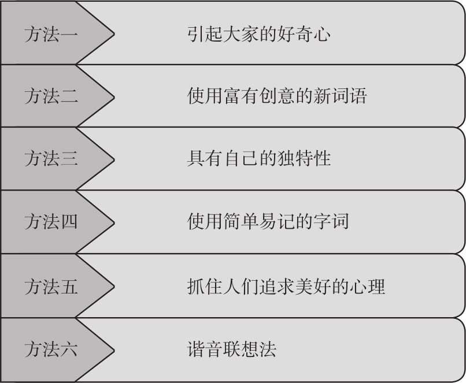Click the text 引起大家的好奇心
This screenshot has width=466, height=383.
pyautogui.click(x=259, y=34)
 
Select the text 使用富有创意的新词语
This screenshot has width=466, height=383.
pyautogui.click(x=277, y=95)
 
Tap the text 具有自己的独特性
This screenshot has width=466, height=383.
pyautogui.click(x=259, y=158)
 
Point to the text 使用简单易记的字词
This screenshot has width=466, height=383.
pyautogui.click(x=268, y=221)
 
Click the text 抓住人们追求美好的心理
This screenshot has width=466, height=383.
pyautogui.click(x=286, y=285)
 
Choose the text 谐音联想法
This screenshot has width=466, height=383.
pyautogui.click(x=232, y=348)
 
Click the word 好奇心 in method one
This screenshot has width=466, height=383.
pyautogui.click(x=304, y=34)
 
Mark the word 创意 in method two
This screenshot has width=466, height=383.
pyautogui.click(x=286, y=95)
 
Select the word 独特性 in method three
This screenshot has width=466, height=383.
pyautogui.click(x=304, y=158)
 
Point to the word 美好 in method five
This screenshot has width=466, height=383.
pyautogui.click(x=322, y=285)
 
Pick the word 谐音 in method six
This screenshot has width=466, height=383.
pyautogui.click(x=205, y=348)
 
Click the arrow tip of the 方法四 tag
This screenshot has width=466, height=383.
pyautogui.click(x=113, y=221)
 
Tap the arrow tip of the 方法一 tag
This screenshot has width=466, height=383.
pyautogui.click(x=113, y=34)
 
